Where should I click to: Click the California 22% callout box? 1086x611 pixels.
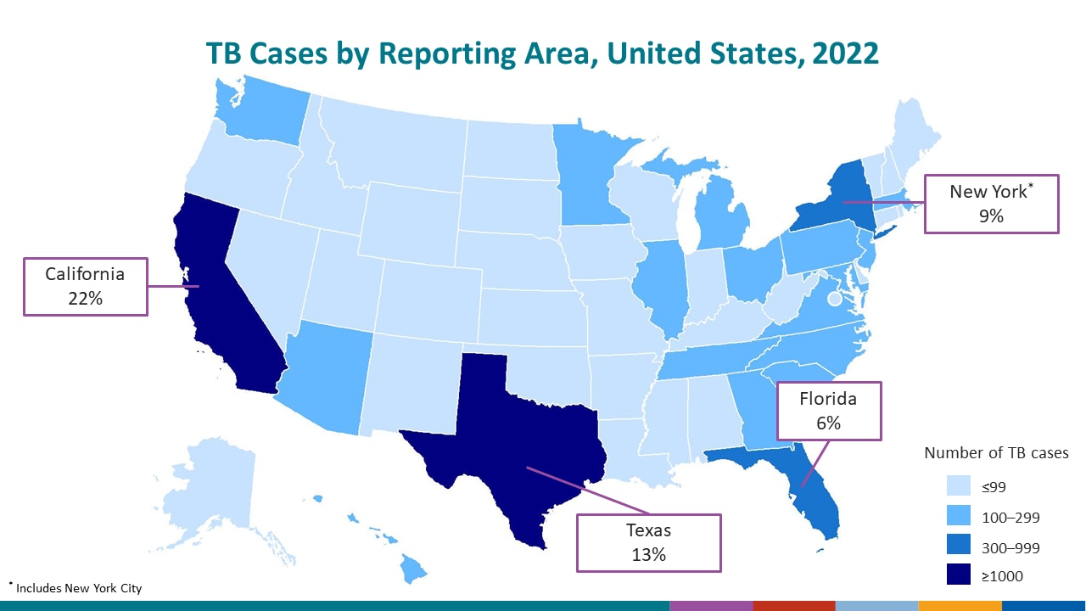click(85, 287)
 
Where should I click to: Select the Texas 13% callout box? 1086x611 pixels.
click(648, 541)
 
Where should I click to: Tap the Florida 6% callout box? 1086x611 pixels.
click(829, 411)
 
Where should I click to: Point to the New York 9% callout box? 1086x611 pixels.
click(990, 204)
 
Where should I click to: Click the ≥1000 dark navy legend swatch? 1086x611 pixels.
click(959, 575)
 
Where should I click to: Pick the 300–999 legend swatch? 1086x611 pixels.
click(959, 546)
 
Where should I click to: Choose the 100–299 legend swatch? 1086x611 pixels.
click(959, 516)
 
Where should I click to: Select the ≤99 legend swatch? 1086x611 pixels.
click(959, 486)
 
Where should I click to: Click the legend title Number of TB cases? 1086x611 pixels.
click(996, 453)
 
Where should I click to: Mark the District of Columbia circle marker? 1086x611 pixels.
click(835, 299)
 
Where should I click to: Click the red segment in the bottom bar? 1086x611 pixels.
click(794, 605)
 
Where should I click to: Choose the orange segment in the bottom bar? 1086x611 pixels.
click(960, 605)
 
